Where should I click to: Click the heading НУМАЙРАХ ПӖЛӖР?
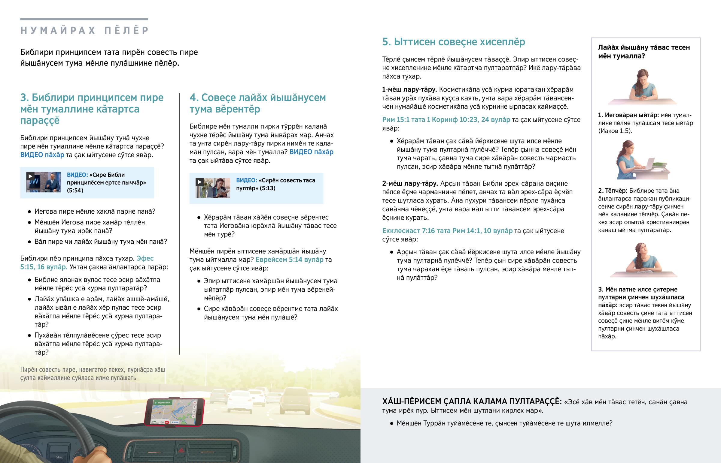click(84, 30)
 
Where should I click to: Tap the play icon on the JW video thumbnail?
click(30, 176)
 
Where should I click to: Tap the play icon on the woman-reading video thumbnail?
click(199, 182)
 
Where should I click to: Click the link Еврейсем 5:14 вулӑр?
click(289, 260)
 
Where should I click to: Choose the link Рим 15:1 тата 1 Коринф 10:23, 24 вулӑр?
click(446, 120)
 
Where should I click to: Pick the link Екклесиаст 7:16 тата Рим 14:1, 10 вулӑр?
click(447, 230)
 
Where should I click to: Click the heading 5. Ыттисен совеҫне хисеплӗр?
click(454, 42)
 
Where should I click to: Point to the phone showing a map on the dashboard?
click(174, 412)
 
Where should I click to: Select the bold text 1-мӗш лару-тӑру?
click(409, 90)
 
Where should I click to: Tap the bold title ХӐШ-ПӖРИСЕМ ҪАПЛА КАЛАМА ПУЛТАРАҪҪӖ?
click(472, 401)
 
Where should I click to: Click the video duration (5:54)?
click(75, 190)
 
